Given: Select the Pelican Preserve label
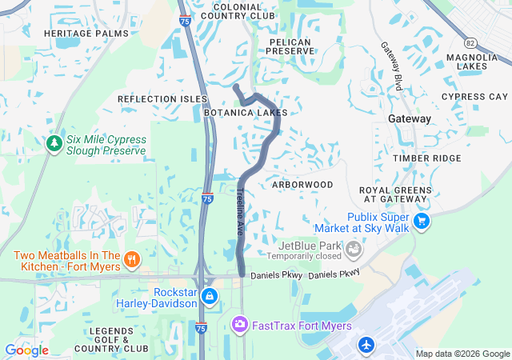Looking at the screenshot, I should point(291,45).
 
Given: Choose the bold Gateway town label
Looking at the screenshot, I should point(409,118).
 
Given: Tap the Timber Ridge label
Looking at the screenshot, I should point(427,158).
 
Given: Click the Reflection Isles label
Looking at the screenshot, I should point(162,98).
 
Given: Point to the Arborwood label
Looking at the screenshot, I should point(302,184).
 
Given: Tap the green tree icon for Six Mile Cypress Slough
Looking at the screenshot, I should point(54,143).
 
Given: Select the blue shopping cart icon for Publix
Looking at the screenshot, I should point(422,220).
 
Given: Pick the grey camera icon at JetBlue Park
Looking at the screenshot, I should point(352,251).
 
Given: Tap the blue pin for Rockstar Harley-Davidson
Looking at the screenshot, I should point(210,296).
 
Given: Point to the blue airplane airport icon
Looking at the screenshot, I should point(366,345).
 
